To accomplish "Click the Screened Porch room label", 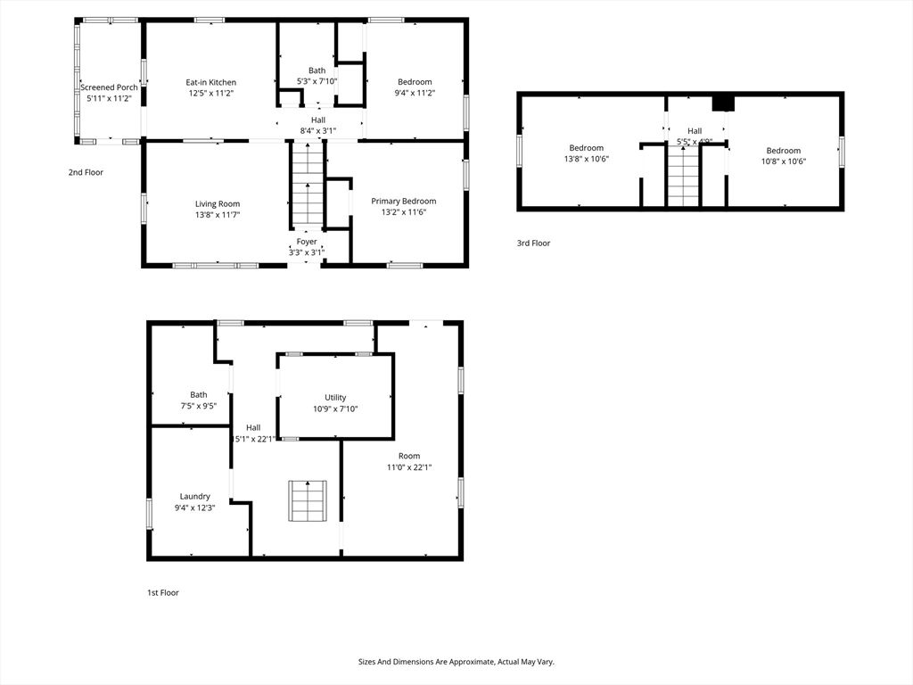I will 109,87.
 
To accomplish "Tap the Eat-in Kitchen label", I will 211,82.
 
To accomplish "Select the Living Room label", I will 218,203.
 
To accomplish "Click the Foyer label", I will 307,242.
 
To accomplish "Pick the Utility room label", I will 335,398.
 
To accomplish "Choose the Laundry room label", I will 195,496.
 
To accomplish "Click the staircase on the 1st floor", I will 307,500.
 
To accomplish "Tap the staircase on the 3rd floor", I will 684,177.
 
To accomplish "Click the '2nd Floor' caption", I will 86,172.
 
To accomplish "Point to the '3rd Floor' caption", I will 534,243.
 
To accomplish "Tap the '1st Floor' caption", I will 163,592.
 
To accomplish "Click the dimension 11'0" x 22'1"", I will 409,467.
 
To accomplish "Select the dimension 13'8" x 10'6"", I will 587,161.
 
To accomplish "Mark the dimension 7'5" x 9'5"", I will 199,406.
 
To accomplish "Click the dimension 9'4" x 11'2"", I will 415,93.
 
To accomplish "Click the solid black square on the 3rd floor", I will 723,103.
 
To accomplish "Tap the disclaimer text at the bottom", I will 456,662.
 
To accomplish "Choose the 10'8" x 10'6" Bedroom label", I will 784,151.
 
